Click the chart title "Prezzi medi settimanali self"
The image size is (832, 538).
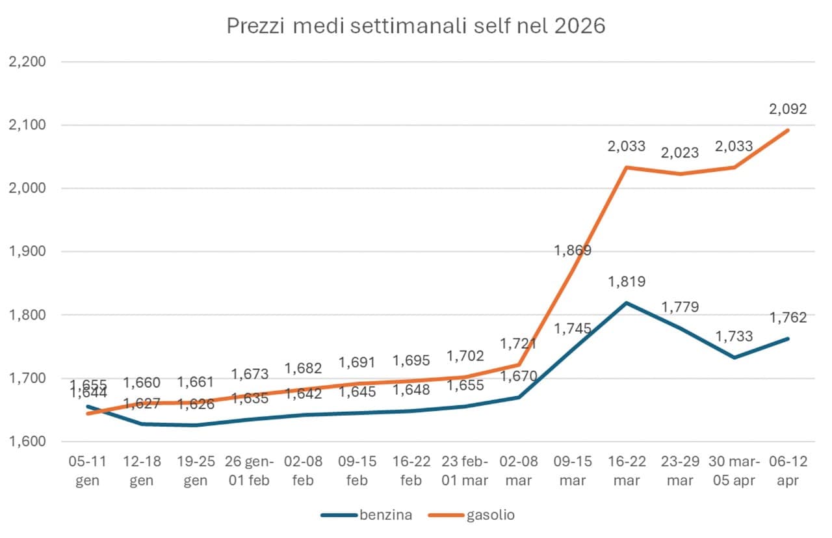415,26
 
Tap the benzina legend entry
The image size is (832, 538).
367,515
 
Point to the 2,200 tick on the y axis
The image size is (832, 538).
25,62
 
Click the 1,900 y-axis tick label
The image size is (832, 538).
25,252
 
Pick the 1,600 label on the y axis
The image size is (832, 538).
25,442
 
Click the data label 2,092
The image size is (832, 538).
788,109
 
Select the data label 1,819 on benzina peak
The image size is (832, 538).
627,282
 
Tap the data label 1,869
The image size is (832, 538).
573,250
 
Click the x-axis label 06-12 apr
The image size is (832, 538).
788,471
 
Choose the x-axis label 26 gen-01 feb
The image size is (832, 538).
250,471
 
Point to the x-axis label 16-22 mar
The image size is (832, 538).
627,471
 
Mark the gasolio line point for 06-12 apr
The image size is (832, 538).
788,130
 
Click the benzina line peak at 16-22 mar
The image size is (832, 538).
627,303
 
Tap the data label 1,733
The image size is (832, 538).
734,336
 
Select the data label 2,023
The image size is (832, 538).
681,153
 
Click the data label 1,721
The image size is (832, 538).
519,343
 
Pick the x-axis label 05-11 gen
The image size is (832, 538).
88,471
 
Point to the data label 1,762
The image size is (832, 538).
788,317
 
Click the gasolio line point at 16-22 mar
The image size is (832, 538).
627,167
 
